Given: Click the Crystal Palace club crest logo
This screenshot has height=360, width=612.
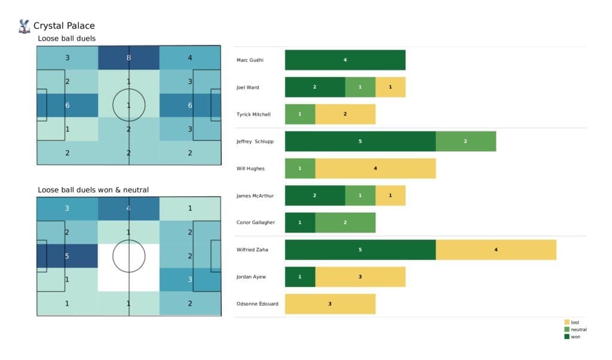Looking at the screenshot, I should [24, 26].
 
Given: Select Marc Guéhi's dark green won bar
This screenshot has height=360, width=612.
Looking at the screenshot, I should [345, 60].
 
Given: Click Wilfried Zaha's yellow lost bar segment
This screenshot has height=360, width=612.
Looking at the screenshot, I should [495, 249].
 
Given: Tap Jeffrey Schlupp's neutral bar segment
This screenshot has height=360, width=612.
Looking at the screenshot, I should [465, 141].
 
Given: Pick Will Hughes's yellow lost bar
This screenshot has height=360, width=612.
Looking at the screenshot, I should [375, 169].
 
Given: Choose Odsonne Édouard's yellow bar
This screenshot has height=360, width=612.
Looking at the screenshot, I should [330, 304].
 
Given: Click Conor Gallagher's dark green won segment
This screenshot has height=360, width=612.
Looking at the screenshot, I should [300, 222].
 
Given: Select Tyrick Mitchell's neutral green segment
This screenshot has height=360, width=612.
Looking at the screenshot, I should [300, 114].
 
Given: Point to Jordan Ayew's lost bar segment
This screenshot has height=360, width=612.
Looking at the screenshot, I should [360, 277].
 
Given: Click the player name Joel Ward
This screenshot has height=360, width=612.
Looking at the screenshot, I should [248, 87].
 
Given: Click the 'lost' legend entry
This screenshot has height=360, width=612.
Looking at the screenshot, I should [574, 322].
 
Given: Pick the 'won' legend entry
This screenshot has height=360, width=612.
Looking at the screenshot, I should [574, 337].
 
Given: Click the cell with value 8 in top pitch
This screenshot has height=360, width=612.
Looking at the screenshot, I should [128, 58].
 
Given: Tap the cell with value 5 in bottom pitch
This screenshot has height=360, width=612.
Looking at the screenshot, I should [67, 256].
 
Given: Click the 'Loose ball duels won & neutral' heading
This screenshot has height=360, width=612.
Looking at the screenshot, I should [93, 190].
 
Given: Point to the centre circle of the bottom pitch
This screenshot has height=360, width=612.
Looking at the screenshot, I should [128, 256].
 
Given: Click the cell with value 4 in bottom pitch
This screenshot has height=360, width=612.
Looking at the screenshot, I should [128, 209].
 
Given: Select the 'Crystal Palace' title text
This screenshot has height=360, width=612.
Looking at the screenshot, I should [64, 26].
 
